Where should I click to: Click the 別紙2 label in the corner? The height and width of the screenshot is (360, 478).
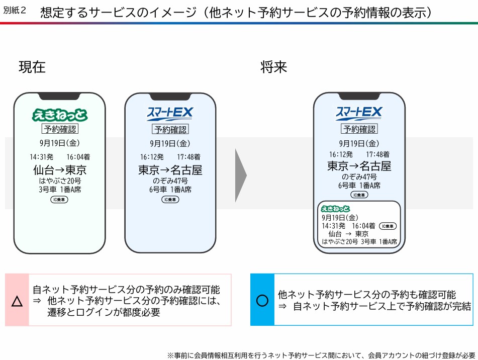click(x=15, y=11)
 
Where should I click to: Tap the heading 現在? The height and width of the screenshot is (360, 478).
click(x=32, y=67)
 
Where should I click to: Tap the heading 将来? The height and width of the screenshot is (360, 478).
click(x=273, y=67)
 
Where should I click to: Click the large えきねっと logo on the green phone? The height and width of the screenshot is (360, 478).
click(x=60, y=115)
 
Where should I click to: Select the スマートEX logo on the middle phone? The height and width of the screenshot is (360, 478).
click(x=170, y=114)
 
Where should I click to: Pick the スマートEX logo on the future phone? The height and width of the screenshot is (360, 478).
click(x=359, y=113)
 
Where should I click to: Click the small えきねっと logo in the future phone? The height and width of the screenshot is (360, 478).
click(x=335, y=209)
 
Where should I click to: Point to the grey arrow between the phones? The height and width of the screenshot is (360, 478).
click(x=241, y=175)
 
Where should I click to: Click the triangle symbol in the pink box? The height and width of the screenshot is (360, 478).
click(x=17, y=301)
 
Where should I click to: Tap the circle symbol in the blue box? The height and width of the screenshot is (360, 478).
click(x=262, y=301)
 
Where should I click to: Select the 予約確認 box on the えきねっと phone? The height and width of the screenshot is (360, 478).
click(x=60, y=129)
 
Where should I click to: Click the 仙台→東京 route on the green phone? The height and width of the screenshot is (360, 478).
click(x=60, y=170)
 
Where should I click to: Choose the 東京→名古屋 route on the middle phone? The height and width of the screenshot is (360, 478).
click(x=170, y=170)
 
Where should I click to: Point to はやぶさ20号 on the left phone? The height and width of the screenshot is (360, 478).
click(x=60, y=181)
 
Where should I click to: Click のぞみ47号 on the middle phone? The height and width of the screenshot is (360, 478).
click(x=170, y=181)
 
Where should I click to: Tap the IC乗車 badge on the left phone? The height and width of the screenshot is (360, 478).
click(x=59, y=200)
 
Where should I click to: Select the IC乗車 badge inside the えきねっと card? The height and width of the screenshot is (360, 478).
click(x=388, y=226)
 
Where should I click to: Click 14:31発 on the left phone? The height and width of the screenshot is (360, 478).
click(x=41, y=157)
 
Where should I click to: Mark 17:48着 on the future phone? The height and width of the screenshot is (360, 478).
click(x=377, y=154)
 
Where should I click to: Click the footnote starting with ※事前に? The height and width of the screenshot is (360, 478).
click(x=321, y=355)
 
